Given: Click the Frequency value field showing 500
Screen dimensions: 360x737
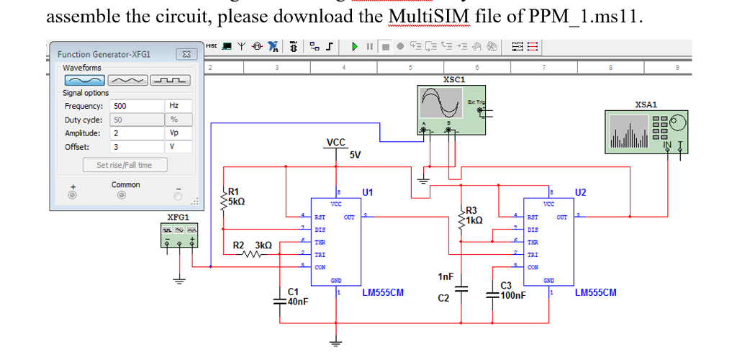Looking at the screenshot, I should click(137, 106).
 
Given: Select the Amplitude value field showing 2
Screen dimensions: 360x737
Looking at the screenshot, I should click(137, 133).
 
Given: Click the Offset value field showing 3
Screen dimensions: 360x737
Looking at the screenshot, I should click(137, 147).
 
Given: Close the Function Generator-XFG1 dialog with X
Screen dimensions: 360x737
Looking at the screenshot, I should click(186, 54).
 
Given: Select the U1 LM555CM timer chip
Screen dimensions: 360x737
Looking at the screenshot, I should click(335, 241).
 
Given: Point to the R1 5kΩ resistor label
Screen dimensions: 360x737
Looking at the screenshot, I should click(237, 197).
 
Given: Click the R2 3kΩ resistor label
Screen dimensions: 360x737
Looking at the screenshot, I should click(251, 246).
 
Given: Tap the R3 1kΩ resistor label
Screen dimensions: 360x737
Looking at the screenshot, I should click(474, 215).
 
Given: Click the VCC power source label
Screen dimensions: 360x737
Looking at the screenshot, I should click(335, 142).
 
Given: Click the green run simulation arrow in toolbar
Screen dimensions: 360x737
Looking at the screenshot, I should click(355, 48).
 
